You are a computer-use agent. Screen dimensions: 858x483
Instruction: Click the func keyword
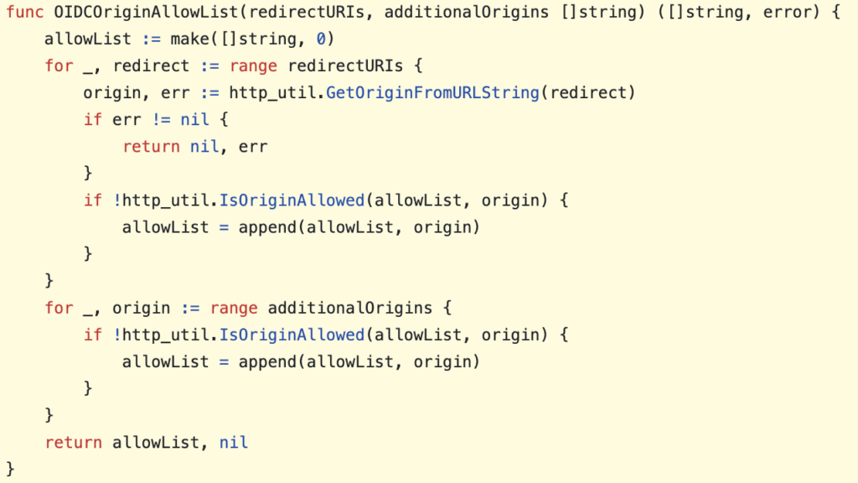(x=24, y=12)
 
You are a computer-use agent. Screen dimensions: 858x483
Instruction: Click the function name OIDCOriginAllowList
(x=146, y=12)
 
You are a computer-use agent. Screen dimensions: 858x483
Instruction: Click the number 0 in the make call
(x=321, y=39)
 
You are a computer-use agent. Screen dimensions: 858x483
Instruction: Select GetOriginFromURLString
(x=433, y=92)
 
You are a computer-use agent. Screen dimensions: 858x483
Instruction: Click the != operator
(x=161, y=119)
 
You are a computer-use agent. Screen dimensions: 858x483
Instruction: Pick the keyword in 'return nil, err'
(x=151, y=146)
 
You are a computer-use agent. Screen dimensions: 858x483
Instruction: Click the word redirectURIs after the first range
(x=345, y=65)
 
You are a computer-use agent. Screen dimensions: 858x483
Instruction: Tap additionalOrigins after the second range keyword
(x=350, y=308)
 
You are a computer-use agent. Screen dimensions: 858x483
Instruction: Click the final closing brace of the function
(x=10, y=469)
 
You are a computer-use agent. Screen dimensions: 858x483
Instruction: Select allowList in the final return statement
(x=156, y=442)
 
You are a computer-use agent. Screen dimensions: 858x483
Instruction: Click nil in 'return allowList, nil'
(x=234, y=442)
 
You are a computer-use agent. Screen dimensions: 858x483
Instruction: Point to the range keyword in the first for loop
(x=253, y=65)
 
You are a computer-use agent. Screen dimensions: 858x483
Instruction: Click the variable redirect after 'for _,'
(x=151, y=65)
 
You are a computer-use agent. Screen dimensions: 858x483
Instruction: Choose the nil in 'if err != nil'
(x=194, y=119)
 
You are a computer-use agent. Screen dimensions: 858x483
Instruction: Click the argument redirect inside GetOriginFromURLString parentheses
(x=587, y=92)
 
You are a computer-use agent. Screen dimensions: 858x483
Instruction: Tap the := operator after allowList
(x=151, y=39)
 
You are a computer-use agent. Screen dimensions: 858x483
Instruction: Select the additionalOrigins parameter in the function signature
(x=467, y=12)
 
